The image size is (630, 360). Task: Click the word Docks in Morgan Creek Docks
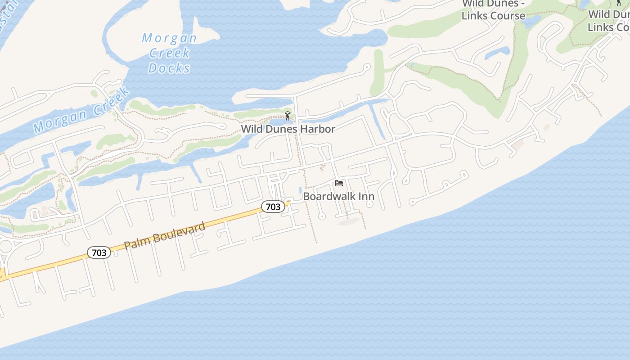pyautogui.click(x=169, y=68)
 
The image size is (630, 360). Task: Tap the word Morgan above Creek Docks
pyautogui.click(x=169, y=38)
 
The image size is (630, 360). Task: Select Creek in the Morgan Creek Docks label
pyautogui.click(x=169, y=53)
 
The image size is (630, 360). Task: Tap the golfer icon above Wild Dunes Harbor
pyautogui.click(x=288, y=116)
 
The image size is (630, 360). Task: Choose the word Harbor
pyautogui.click(x=318, y=129)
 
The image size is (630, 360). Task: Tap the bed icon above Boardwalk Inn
pyautogui.click(x=339, y=183)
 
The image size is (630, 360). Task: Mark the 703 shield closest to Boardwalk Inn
pyautogui.click(x=273, y=207)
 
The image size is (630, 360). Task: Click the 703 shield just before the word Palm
pyautogui.click(x=99, y=252)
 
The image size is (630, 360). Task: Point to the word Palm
pyautogui.click(x=135, y=242)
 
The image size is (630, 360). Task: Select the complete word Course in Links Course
pyautogui.click(x=508, y=16)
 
